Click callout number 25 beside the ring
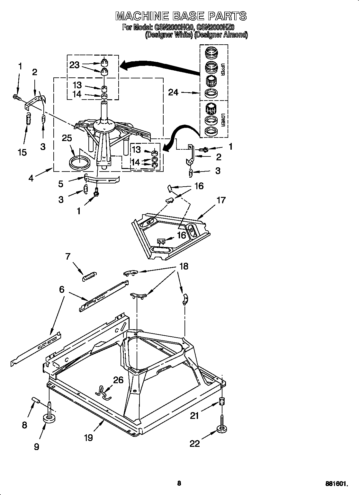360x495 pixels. (67, 138)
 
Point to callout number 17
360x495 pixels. (221, 200)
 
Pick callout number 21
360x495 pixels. (194, 416)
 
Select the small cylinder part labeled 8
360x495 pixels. (36, 400)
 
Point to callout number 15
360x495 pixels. (22, 152)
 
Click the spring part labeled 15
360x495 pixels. (28, 119)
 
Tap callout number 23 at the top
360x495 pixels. (74, 65)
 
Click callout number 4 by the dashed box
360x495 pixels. (31, 178)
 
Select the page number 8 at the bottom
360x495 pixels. (179, 474)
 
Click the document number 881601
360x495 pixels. (336, 474)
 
